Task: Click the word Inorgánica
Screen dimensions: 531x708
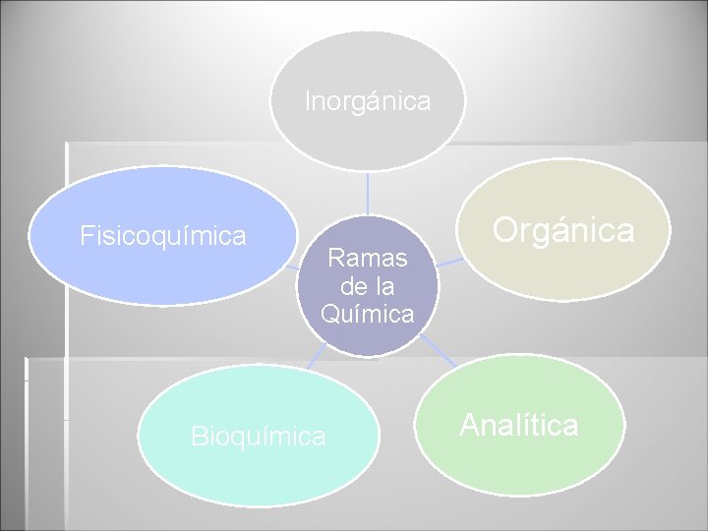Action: click(x=368, y=101)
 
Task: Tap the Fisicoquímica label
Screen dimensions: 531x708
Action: click(x=163, y=236)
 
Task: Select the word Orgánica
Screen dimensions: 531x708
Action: click(x=563, y=230)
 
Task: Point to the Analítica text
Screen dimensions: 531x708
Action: click(x=518, y=426)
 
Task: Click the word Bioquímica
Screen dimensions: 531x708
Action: click(x=259, y=436)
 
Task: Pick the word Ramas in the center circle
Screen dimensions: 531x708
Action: click(x=367, y=259)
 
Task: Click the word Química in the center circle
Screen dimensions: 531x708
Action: click(x=367, y=314)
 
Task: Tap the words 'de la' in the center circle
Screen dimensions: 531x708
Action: click(x=367, y=286)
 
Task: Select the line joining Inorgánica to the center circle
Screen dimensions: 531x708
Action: click(x=367, y=193)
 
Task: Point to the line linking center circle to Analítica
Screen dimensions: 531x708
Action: click(x=438, y=350)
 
